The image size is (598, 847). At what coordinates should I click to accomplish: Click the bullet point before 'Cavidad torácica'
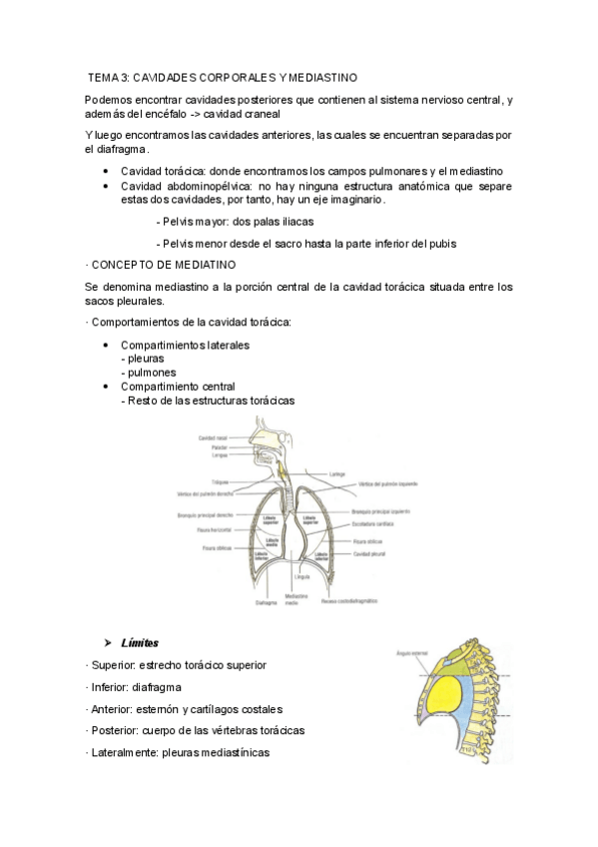click(x=107, y=171)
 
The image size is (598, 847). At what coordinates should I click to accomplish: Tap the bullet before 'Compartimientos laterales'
click(x=107, y=345)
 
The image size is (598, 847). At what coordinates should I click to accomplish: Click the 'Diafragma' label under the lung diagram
click(x=266, y=602)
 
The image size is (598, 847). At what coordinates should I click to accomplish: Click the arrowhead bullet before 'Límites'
click(x=107, y=642)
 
